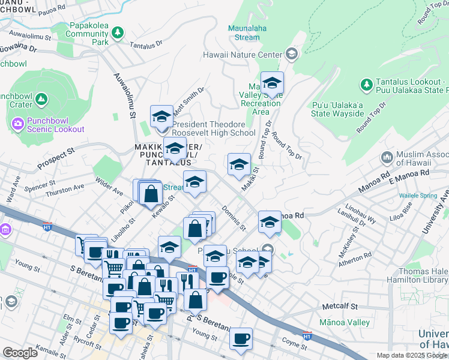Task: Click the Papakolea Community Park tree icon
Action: tap(119, 31)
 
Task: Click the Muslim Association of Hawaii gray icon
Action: tap(387, 158)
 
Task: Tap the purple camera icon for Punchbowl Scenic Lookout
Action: tap(17, 124)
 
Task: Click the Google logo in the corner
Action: tap(20, 353)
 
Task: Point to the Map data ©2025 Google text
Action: tap(412, 355)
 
